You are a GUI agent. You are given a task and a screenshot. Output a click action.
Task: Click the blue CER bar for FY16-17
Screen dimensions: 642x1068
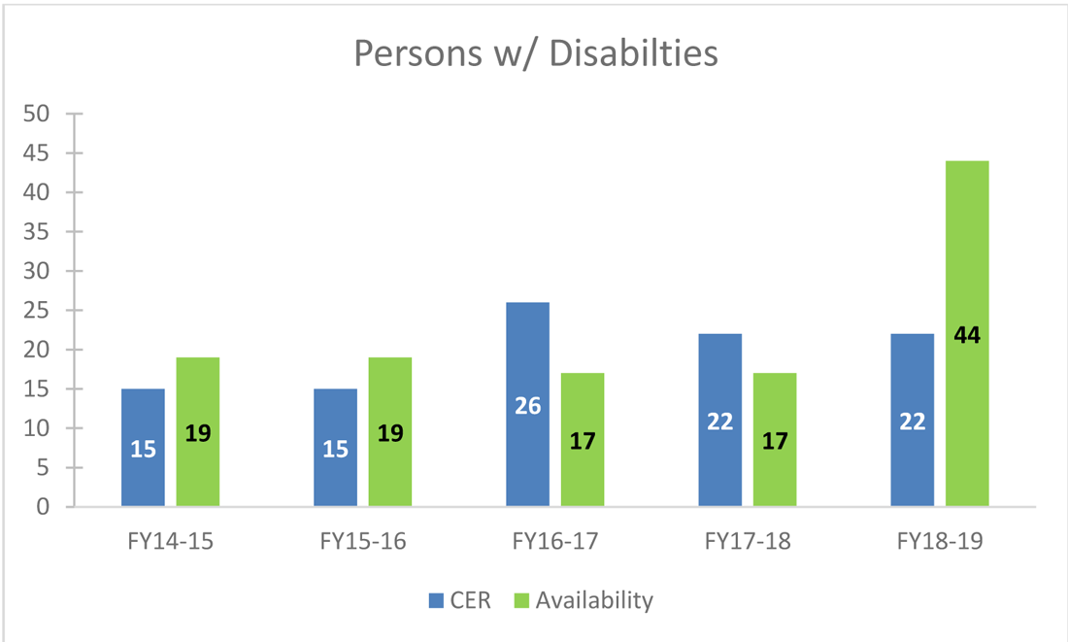pos(527,369)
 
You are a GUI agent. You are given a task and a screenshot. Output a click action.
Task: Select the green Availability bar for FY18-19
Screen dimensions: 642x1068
pos(967,272)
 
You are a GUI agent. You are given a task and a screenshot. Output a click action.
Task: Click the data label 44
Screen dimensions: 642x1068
pos(967,336)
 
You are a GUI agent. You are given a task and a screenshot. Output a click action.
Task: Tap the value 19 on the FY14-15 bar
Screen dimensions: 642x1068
pos(197,433)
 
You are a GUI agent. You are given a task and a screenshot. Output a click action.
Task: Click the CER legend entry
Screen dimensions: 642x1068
pos(460,600)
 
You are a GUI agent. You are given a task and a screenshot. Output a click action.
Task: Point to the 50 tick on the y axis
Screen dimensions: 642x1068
pos(36,114)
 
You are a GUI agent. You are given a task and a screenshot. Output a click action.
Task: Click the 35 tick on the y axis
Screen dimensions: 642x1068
pos(36,232)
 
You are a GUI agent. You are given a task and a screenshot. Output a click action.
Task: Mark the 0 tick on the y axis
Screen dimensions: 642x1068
pos(42,507)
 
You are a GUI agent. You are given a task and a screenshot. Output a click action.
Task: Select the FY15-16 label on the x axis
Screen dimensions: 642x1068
pos(362,541)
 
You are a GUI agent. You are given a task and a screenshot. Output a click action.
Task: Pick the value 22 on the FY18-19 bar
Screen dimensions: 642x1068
pos(912,422)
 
